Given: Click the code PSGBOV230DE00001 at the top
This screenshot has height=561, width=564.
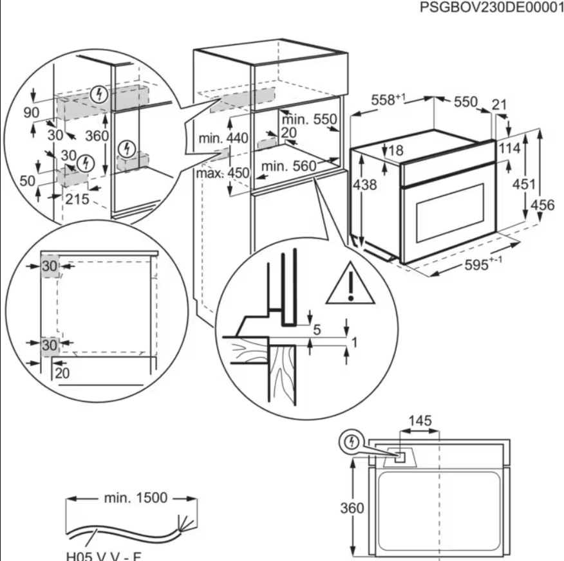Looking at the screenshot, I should point(491,9).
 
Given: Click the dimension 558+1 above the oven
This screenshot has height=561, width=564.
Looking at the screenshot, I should point(388,100).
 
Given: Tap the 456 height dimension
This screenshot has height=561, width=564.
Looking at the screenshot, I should point(543,206).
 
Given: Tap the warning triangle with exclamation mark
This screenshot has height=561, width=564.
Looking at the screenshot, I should point(350,284).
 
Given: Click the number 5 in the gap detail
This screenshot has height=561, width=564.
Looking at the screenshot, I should point(316,331).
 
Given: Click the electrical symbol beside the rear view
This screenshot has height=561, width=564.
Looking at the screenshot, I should point(351,442).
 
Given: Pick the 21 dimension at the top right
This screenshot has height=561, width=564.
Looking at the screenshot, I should point(499,104).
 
